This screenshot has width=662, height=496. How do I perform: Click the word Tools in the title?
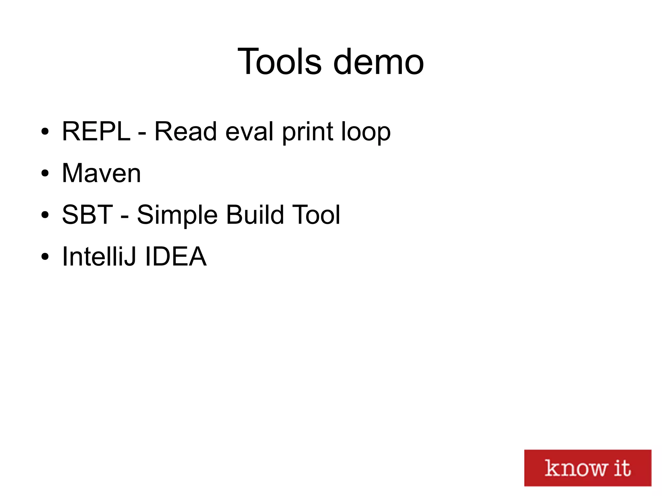point(280,61)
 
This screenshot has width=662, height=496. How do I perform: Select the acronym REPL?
point(96,131)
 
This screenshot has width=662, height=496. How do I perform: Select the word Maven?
point(101,173)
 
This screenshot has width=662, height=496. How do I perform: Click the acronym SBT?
point(87,215)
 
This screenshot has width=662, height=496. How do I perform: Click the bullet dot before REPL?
point(45,132)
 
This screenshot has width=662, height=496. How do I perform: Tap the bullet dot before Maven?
point(45,173)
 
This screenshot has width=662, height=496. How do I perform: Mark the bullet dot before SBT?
point(45,215)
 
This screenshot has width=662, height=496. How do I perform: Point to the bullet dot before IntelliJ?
point(45,257)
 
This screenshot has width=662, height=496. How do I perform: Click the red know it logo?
point(587,468)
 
